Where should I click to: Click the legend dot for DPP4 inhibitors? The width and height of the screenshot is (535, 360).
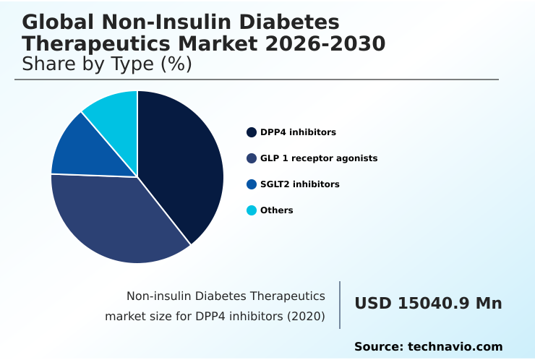(252, 132)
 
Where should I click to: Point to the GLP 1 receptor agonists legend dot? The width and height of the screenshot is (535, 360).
(252, 158)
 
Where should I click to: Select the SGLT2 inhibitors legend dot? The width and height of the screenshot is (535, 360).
(252, 184)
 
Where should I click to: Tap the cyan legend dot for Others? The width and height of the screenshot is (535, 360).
(252, 210)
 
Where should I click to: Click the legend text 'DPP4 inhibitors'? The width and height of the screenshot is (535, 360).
(298, 132)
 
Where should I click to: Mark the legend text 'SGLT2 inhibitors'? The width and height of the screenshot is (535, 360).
(299, 184)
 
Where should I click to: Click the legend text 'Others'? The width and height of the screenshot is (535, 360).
(277, 210)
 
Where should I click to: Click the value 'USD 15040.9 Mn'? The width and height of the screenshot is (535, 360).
(428, 304)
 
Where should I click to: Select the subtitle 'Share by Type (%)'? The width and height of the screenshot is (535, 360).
(107, 64)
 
